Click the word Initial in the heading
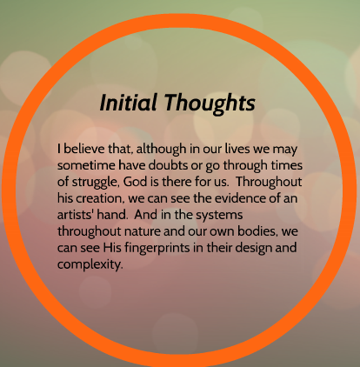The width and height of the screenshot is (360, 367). (129, 103)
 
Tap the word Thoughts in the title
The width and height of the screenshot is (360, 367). (210, 103)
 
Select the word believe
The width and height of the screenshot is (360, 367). (84, 149)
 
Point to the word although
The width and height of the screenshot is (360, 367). (161, 150)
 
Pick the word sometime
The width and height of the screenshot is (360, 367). (86, 165)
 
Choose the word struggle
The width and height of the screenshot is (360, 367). (94, 183)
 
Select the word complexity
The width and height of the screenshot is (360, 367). (90, 265)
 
